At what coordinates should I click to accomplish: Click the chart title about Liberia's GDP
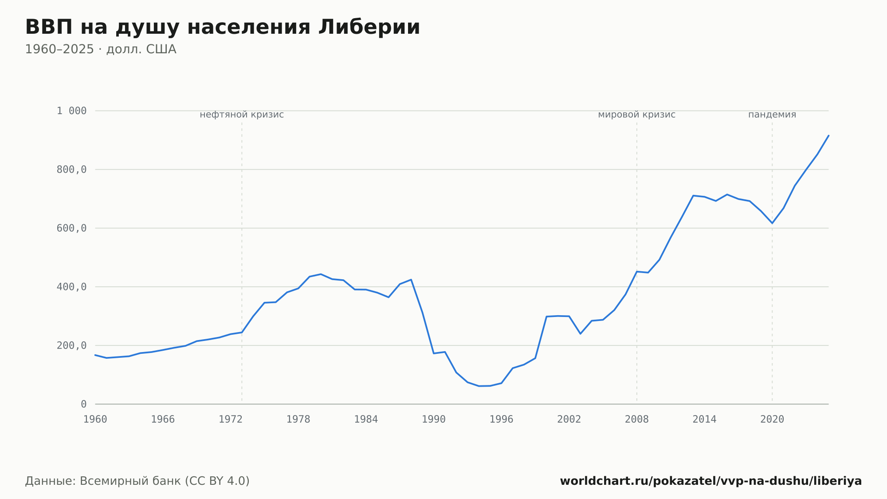point(223,27)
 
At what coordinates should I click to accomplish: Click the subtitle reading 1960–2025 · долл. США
point(101,49)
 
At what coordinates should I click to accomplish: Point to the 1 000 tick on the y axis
point(71,111)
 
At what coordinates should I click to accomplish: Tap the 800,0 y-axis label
point(71,169)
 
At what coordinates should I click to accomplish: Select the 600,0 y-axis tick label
point(71,228)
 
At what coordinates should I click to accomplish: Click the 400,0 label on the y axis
point(71,287)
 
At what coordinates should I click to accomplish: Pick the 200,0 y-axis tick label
point(71,345)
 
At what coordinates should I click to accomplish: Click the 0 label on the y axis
point(84,404)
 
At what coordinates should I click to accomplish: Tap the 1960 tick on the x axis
point(95,420)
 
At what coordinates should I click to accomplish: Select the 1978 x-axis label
point(298,420)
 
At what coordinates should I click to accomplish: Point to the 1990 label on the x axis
point(434,420)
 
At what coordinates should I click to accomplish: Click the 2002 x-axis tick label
point(569,420)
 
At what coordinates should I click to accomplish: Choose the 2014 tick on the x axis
point(704,420)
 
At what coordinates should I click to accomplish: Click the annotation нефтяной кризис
point(242,115)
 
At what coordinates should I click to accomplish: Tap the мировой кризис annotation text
point(637,115)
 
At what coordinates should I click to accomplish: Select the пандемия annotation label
point(772,115)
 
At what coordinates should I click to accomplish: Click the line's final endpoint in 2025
point(828,135)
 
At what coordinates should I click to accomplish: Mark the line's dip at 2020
point(772,223)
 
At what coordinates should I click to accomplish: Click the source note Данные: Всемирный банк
point(137,481)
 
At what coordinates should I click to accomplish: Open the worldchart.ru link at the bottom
point(711,481)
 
